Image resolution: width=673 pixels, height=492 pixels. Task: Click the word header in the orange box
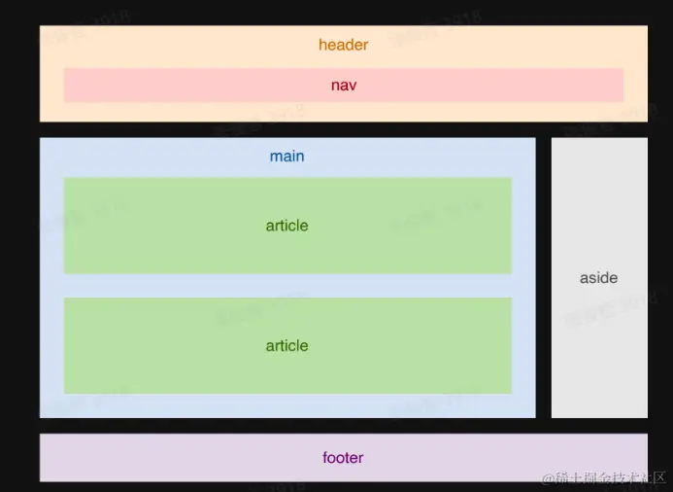[x=343, y=45]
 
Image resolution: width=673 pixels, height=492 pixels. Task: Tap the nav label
[x=343, y=86]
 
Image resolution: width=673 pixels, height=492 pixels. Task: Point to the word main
[x=286, y=157]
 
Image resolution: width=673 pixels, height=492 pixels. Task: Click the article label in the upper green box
[x=286, y=226]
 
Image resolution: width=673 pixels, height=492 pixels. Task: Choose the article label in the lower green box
[x=286, y=345]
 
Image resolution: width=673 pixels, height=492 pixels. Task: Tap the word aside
[x=598, y=278]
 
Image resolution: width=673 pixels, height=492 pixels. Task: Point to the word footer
[x=343, y=458]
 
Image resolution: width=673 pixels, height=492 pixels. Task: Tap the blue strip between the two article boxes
[x=286, y=286]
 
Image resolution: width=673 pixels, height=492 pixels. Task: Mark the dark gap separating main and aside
[x=543, y=277]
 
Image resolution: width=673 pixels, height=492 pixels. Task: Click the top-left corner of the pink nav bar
[x=65, y=69]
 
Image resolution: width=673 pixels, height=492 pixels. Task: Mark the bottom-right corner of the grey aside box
[x=646, y=416]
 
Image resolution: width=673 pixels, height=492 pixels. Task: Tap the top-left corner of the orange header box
[x=41, y=27]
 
